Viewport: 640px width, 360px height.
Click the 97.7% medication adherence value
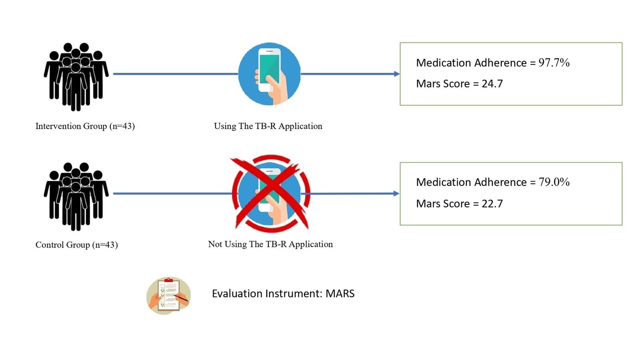pos(554,62)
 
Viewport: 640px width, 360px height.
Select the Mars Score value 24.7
pos(492,84)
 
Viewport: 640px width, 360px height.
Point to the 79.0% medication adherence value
pos(554,182)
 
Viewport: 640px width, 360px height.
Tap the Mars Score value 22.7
pos(492,204)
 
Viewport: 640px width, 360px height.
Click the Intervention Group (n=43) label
pos(85,126)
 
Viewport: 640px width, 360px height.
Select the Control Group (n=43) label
pos(76,245)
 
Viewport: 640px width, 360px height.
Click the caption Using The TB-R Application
pos(268,126)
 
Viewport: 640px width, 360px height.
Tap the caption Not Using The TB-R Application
pos(270,244)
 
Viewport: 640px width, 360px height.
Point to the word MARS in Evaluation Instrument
pos(340,294)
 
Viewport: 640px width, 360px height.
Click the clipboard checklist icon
pos(168,296)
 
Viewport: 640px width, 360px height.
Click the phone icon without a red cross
pos(269,74)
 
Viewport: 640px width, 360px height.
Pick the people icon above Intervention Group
pos(76,76)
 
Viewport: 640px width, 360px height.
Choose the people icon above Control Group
pos(76,196)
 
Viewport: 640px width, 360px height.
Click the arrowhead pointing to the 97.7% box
pos(396,74)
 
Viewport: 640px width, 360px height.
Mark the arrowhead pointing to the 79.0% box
pos(396,194)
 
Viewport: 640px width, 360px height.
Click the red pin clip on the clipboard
pos(169,280)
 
